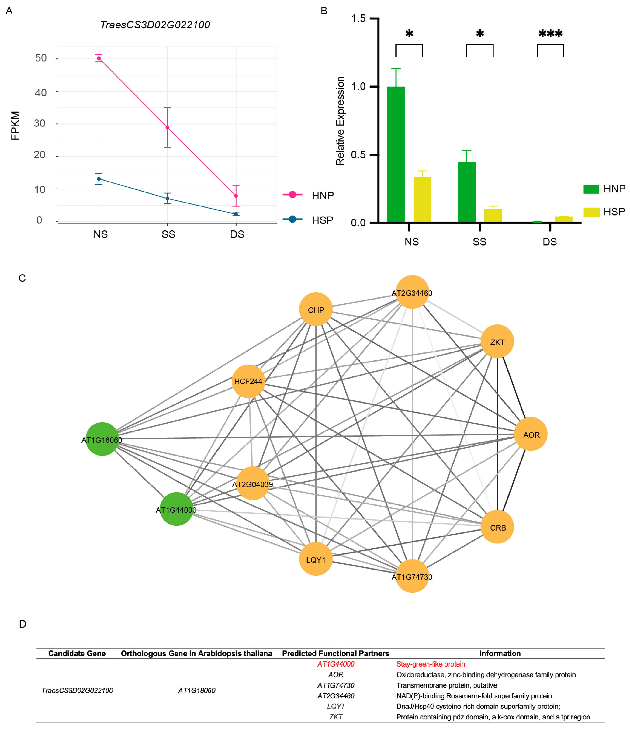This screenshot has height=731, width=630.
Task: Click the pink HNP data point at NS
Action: (x=99, y=58)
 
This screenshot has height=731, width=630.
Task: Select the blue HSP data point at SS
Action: (x=168, y=199)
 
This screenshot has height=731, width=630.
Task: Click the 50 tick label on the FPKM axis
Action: (x=41, y=58)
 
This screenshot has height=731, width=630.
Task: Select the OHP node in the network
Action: (x=316, y=309)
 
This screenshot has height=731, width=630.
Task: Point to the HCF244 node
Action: (x=248, y=381)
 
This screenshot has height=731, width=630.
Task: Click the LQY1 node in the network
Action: (x=316, y=559)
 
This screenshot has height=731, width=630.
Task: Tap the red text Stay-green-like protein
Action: (x=430, y=664)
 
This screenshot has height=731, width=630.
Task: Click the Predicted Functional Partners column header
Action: (x=335, y=653)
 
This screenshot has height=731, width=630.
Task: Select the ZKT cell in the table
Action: (x=335, y=717)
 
